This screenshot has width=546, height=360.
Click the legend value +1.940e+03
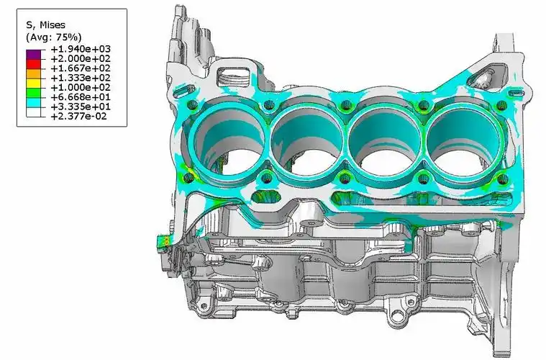(81, 49)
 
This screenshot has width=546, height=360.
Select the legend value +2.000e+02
(81, 58)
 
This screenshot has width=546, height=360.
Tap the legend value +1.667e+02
(81, 68)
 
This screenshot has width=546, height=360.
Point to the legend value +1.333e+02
(81, 78)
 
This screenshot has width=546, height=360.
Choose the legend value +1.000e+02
(81, 87)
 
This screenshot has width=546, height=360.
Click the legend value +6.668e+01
(81, 97)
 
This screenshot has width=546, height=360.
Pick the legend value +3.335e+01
(81, 107)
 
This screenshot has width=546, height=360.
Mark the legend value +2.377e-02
(78, 116)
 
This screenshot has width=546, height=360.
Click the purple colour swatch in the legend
(33, 55)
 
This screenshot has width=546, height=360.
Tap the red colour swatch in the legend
(33, 65)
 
